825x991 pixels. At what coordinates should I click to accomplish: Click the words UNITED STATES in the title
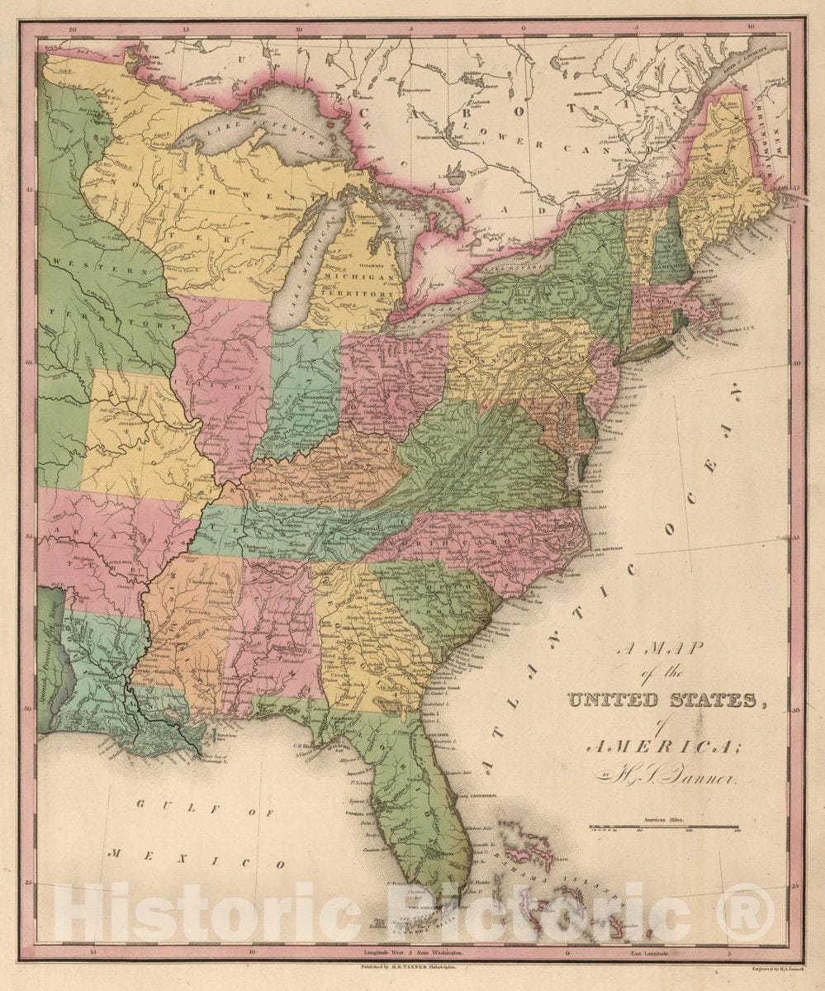pos(661,700)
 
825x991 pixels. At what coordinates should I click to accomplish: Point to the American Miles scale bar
pos(663,827)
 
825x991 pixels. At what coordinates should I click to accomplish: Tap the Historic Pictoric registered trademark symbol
pos(745,913)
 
